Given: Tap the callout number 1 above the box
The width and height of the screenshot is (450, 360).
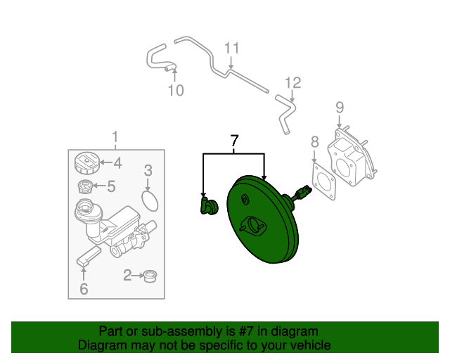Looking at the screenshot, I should click(116, 136).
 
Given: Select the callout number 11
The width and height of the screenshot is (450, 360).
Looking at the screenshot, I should click(232, 49).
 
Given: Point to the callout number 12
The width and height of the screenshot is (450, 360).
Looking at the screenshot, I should click(292, 83).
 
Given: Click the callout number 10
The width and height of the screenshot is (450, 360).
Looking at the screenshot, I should click(176, 90).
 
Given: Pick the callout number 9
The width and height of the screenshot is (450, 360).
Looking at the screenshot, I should click(340, 108).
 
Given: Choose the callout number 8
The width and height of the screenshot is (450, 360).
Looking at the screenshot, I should click(314, 142).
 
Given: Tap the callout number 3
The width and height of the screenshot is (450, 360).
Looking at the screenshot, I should click(148, 170).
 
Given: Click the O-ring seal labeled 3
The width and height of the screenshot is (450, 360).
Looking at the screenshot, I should click(149, 201).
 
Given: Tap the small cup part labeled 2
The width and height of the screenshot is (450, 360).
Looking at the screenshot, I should click(149, 276).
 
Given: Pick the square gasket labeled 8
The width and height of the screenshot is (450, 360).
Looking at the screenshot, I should click(323, 180).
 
